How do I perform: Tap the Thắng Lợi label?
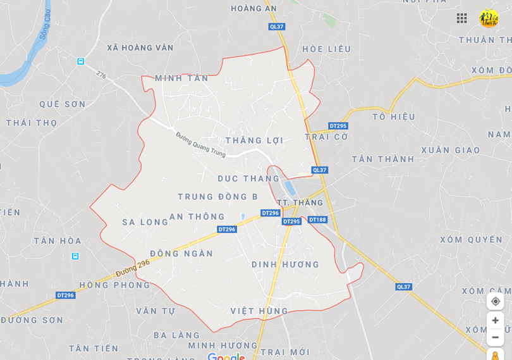[x=254, y=140]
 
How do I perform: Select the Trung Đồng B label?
[x=217, y=197]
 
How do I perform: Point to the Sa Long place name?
[x=145, y=222]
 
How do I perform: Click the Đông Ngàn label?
[x=181, y=254]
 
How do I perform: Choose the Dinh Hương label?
[x=285, y=264]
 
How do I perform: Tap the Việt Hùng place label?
[x=259, y=311]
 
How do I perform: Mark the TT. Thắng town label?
[x=300, y=202]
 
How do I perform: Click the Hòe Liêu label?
[x=326, y=49]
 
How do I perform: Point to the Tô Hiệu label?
[x=394, y=117]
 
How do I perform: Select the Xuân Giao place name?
[x=451, y=151]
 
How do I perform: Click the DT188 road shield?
[x=317, y=220]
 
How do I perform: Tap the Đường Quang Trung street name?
[x=200, y=142]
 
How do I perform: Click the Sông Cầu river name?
[x=44, y=24]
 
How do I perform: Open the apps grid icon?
[x=462, y=18]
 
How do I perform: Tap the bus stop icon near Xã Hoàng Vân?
[x=81, y=61]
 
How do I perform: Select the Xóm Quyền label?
[x=472, y=240]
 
